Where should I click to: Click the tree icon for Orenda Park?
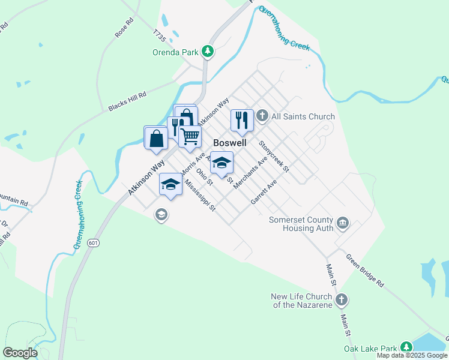point(208,52)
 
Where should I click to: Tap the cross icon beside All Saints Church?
point(262,115)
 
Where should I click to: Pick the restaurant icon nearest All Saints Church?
point(242,120)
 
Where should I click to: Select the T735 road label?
point(158,35)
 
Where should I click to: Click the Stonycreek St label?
point(274,157)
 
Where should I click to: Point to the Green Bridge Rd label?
point(365,270)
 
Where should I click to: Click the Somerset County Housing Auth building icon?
point(343,224)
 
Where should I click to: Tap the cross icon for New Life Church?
point(341,299)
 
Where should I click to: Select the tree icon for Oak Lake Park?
point(406,347)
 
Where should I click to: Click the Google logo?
point(20,352)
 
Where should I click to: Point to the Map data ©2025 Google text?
point(412,355)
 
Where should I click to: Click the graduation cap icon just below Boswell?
point(221,163)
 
